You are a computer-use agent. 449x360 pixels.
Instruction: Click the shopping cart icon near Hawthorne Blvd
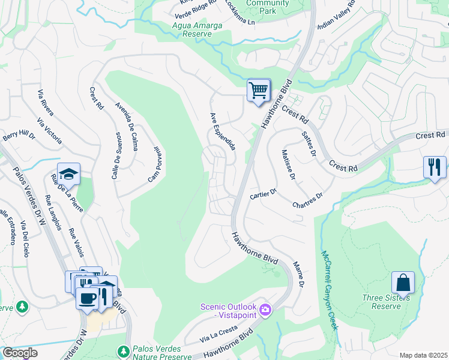coord(259,91)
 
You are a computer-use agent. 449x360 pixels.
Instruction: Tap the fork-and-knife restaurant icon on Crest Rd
coord(435,166)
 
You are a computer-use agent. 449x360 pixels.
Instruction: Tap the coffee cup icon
coord(87,298)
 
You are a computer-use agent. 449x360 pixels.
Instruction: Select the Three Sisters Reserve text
coord(386,302)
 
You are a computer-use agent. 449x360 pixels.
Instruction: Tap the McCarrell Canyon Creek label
coord(329,290)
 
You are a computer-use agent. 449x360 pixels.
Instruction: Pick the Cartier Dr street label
coord(262,194)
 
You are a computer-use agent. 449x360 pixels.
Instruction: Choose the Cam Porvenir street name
coord(155,164)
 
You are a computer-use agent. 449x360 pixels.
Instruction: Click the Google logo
coord(20,352)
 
